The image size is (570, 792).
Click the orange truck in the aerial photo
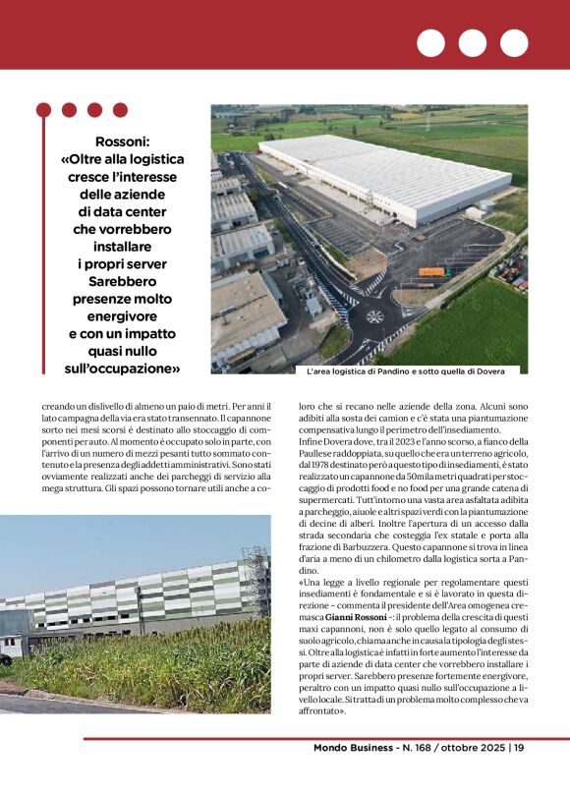(x=432, y=271)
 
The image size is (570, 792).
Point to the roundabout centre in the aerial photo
(x=374, y=316)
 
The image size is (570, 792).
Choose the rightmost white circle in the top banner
(x=514, y=42)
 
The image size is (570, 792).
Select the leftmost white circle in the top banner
(x=430, y=42)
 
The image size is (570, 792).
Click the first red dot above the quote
(x=43, y=110)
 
